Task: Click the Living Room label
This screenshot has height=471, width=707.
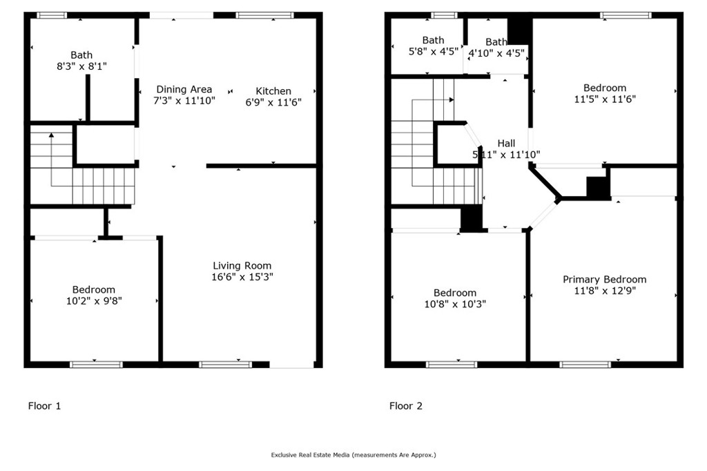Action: click(x=242, y=265)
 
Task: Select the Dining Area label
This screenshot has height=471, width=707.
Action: click(x=184, y=89)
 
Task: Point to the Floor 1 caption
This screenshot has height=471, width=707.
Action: click(x=44, y=406)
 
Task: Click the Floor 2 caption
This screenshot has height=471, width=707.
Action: click(x=406, y=406)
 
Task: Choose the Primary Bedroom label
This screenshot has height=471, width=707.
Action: click(x=604, y=279)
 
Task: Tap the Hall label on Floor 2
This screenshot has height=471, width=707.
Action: click(x=506, y=143)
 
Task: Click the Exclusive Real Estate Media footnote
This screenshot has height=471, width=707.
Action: click(x=353, y=455)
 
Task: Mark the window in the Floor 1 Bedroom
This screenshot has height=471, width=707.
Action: click(x=96, y=364)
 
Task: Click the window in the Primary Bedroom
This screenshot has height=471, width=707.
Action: click(x=585, y=364)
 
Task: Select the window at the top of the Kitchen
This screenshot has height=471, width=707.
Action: click(x=264, y=15)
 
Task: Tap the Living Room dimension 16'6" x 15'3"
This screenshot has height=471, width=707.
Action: click(x=242, y=276)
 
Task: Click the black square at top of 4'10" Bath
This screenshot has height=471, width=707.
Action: click(x=519, y=29)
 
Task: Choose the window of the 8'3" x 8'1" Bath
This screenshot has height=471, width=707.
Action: click(x=52, y=15)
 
